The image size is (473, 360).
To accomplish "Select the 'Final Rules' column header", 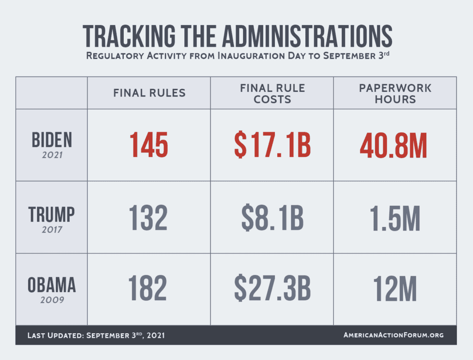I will (149, 93).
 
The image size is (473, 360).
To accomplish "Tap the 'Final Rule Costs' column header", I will (272, 93).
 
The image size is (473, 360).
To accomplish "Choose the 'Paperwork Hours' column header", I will (395, 93).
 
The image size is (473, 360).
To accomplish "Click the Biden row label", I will (51, 140).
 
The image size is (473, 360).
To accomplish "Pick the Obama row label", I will (51, 286).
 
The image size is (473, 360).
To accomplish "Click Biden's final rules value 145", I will (149, 145).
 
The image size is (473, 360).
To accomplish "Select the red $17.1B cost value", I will (272, 145).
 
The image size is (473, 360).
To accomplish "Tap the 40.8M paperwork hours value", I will (395, 145).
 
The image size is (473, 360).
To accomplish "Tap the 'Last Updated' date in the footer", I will (96, 335).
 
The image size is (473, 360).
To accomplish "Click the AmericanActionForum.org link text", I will (394, 335).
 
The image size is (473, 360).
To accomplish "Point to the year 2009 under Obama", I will (51, 300).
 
